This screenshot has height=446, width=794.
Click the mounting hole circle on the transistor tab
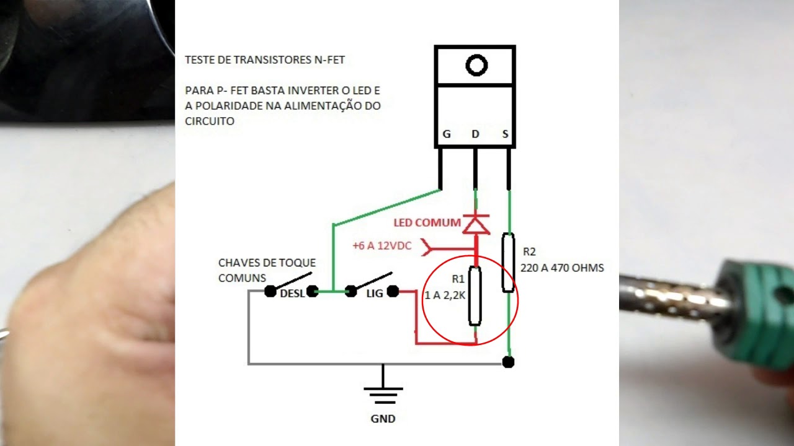pyautogui.click(x=476, y=65)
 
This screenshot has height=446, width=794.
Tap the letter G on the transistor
pyautogui.click(x=446, y=134)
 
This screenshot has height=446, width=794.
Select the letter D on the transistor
pyautogui.click(x=475, y=134)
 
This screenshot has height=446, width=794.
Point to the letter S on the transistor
pyautogui.click(x=506, y=134)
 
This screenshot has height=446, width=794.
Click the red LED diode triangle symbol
pyautogui.click(x=476, y=224)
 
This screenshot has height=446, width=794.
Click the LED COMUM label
pyautogui.click(x=427, y=222)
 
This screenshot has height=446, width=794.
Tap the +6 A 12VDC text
pyautogui.click(x=381, y=246)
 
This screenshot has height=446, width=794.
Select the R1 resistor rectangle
pyautogui.click(x=475, y=295)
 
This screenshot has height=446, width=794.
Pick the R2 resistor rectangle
pyautogui.click(x=508, y=262)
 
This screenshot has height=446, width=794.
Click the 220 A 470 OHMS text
pyautogui.click(x=562, y=268)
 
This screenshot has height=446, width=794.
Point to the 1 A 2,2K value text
pyautogui.click(x=444, y=295)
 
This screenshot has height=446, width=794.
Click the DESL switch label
pyautogui.click(x=292, y=294)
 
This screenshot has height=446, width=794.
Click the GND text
pyautogui.click(x=383, y=419)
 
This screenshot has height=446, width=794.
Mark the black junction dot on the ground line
pyautogui.click(x=508, y=362)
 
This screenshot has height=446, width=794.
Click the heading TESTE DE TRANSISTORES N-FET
pyautogui.click(x=265, y=60)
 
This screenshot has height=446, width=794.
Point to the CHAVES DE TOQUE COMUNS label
pyautogui.click(x=267, y=271)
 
